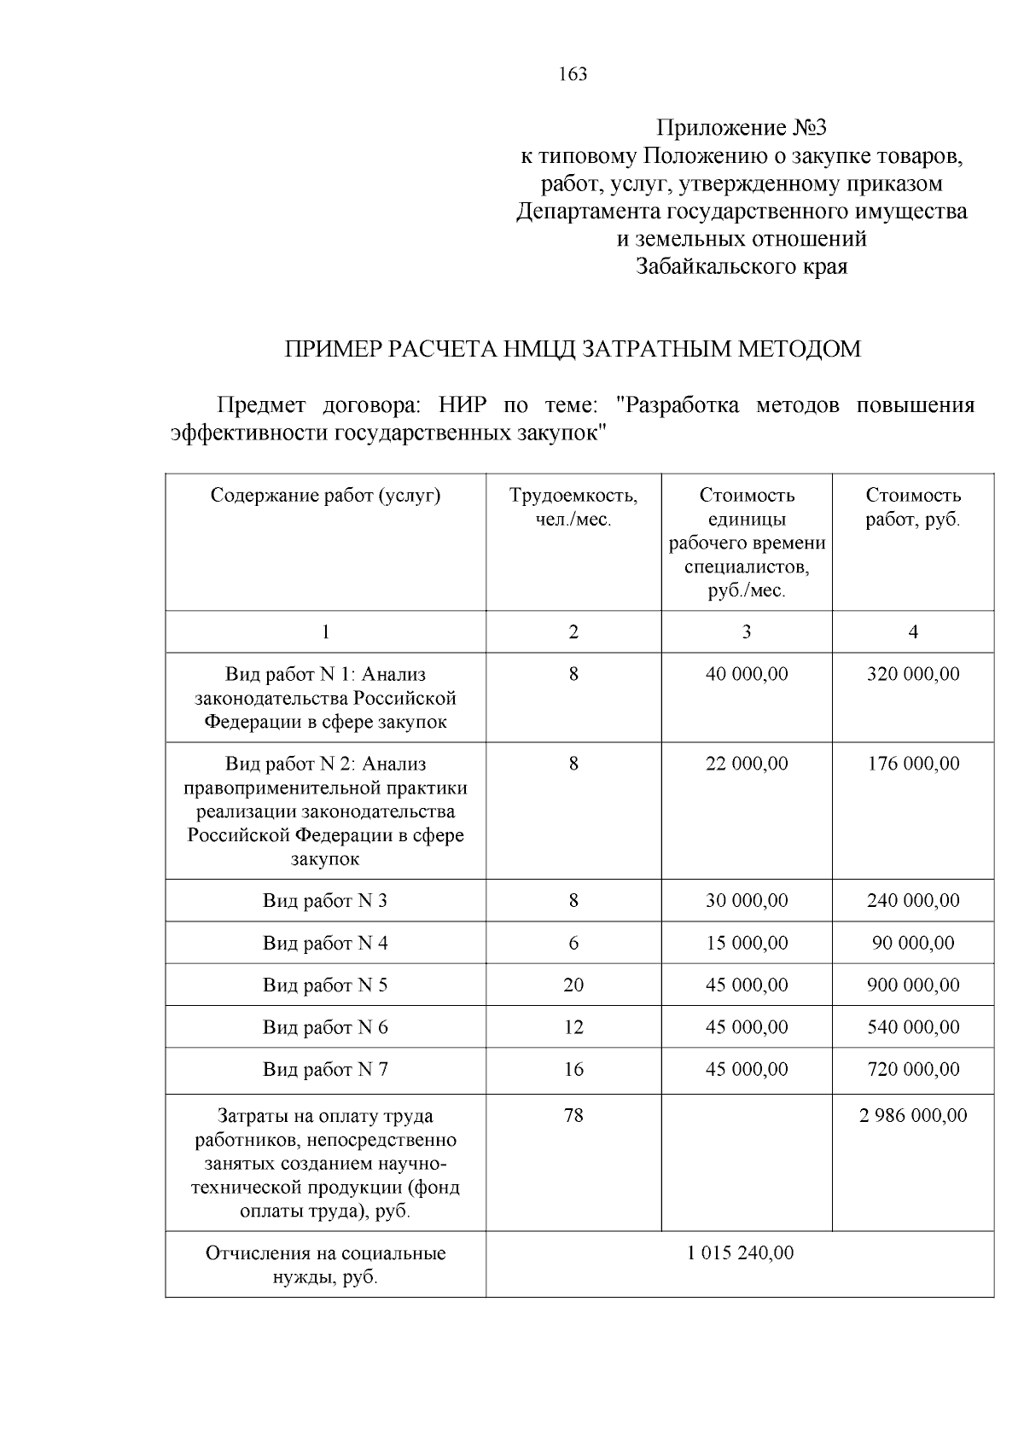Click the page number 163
[573, 74]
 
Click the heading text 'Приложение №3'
[741, 128]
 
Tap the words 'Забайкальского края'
[741, 266]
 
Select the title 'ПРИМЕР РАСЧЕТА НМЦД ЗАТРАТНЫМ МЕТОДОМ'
[573, 348]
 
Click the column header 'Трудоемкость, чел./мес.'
[573, 507]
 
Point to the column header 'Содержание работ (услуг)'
[325, 495]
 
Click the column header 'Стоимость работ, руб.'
[913, 507]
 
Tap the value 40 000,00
[747, 674]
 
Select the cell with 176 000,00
[913, 764]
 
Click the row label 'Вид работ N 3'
[325, 900]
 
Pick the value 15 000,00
[747, 943]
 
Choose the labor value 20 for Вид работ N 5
[573, 985]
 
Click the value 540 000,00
[913, 1026]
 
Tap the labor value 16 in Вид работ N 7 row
[573, 1069]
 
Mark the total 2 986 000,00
[913, 1115]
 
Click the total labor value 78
[573, 1115]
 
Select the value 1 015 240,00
[740, 1252]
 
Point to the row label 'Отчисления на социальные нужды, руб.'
[325, 1264]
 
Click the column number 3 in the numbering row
[747, 631]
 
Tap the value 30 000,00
[747, 900]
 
